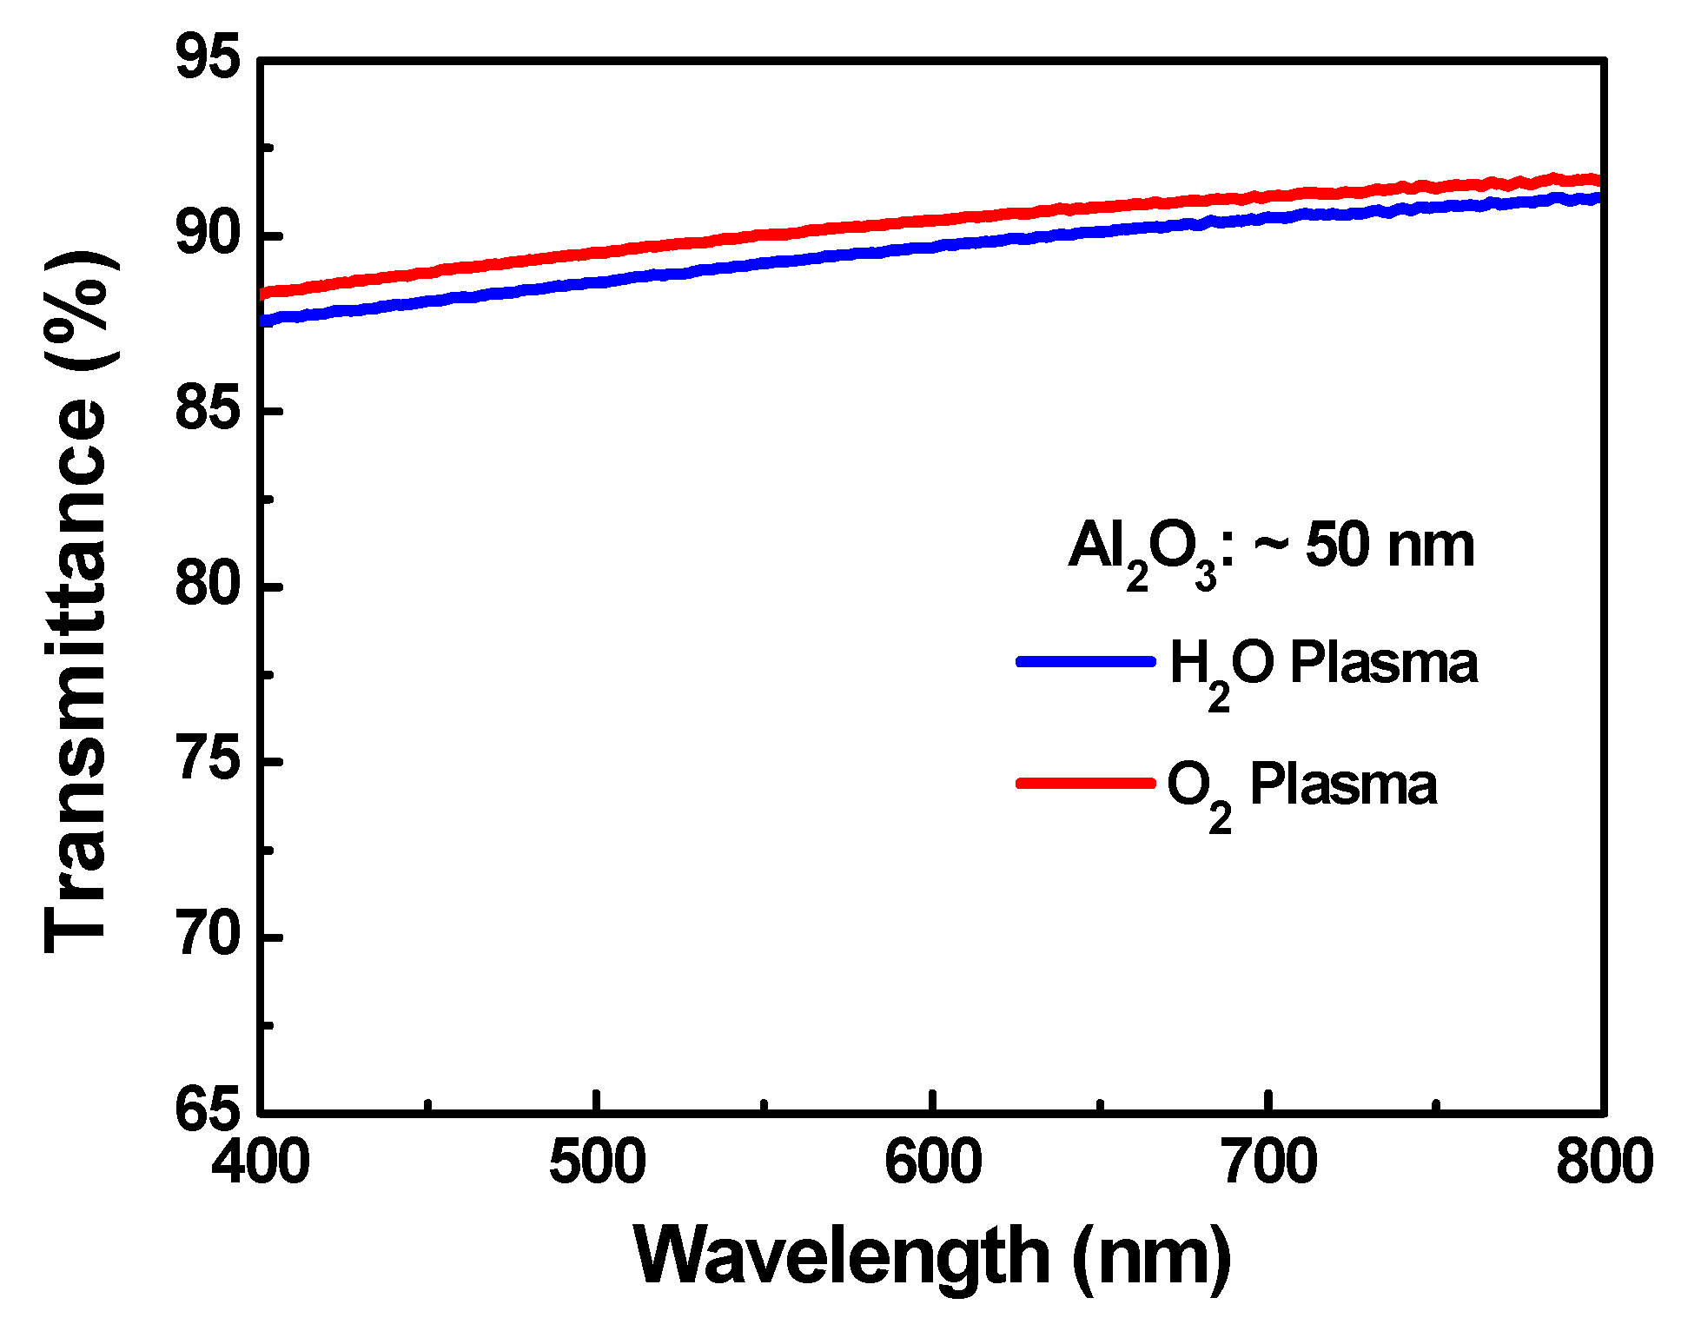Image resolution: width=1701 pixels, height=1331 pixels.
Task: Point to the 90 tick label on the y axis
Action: (207, 235)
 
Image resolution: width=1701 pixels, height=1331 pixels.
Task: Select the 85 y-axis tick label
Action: (207, 410)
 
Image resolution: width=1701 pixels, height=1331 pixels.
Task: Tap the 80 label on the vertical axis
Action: (207, 586)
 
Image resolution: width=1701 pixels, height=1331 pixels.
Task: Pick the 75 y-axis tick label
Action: (207, 761)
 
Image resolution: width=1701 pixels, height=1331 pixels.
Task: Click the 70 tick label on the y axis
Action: (207, 937)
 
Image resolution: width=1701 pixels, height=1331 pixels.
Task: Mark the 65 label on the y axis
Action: (207, 1110)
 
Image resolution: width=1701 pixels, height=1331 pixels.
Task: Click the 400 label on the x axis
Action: (261, 1162)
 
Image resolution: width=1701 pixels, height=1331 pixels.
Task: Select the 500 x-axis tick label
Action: (597, 1162)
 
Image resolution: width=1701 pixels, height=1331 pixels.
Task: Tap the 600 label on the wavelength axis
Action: (933, 1162)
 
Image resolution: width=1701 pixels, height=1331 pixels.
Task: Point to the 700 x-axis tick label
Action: (1269, 1162)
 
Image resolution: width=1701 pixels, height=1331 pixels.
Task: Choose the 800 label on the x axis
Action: (1604, 1162)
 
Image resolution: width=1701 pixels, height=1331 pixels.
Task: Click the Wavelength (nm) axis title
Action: (933, 1257)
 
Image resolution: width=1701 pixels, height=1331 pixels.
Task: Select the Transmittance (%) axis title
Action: (76, 601)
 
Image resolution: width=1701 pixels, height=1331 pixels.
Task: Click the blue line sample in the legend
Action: (1085, 662)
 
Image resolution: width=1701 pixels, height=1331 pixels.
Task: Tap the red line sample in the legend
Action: (1085, 783)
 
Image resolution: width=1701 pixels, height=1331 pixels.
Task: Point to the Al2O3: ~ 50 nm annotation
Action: (1271, 550)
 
